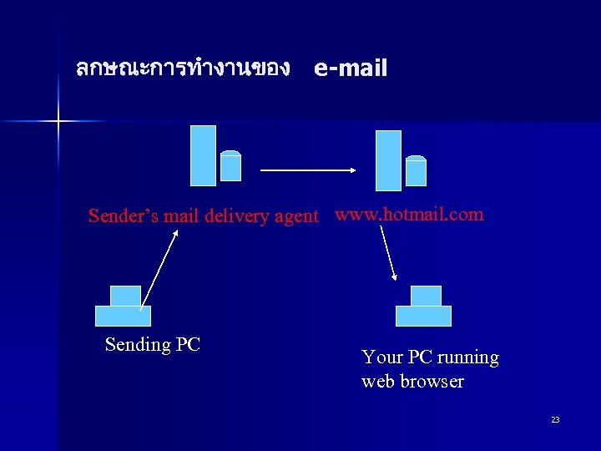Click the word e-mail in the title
351,68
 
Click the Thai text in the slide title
182,68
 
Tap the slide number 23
555,419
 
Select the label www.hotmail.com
409,215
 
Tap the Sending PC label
153,344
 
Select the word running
468,357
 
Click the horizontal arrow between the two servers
309,170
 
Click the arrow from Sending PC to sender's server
159,269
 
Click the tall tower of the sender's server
203,155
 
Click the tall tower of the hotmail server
388,160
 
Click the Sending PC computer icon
124,307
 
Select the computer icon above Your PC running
424,307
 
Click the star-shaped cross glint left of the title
58,122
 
